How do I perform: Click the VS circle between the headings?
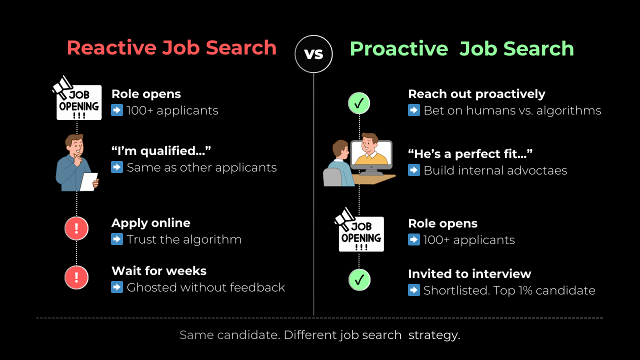point(313,54)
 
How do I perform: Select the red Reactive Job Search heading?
point(171,48)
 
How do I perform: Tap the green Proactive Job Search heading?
point(461,49)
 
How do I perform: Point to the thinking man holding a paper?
point(76,163)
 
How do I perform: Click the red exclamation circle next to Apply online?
point(76,228)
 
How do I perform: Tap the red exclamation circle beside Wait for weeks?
point(76,277)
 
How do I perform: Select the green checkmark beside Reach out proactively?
point(359,103)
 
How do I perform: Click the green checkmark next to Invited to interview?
point(359,280)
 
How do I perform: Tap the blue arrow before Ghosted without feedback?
point(117,287)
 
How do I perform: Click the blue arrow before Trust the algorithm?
point(117,239)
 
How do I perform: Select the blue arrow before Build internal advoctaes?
point(414,170)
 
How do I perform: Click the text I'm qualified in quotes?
point(161,151)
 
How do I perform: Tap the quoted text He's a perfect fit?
point(470,154)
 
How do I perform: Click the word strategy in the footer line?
point(434,335)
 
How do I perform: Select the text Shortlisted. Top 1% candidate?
point(509,290)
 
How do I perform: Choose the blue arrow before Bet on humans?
point(414,110)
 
